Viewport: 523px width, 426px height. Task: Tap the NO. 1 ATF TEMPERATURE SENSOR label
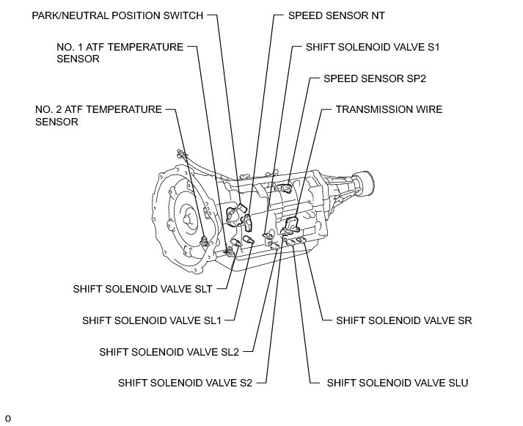[x=120, y=54]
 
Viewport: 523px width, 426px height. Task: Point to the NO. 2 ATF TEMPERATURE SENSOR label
[x=98, y=116]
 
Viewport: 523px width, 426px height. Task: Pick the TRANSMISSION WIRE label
[x=389, y=109]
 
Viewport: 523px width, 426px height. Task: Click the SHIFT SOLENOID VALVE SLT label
[x=142, y=289]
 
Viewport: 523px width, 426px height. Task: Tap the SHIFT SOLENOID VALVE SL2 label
[x=169, y=352]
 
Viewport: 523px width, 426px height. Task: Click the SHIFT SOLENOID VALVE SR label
[x=403, y=320]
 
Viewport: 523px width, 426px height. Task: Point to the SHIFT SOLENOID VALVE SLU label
[x=397, y=383]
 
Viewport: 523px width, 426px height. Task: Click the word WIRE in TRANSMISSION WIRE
[x=427, y=109]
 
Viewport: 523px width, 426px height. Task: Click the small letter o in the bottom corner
[x=8, y=419]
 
